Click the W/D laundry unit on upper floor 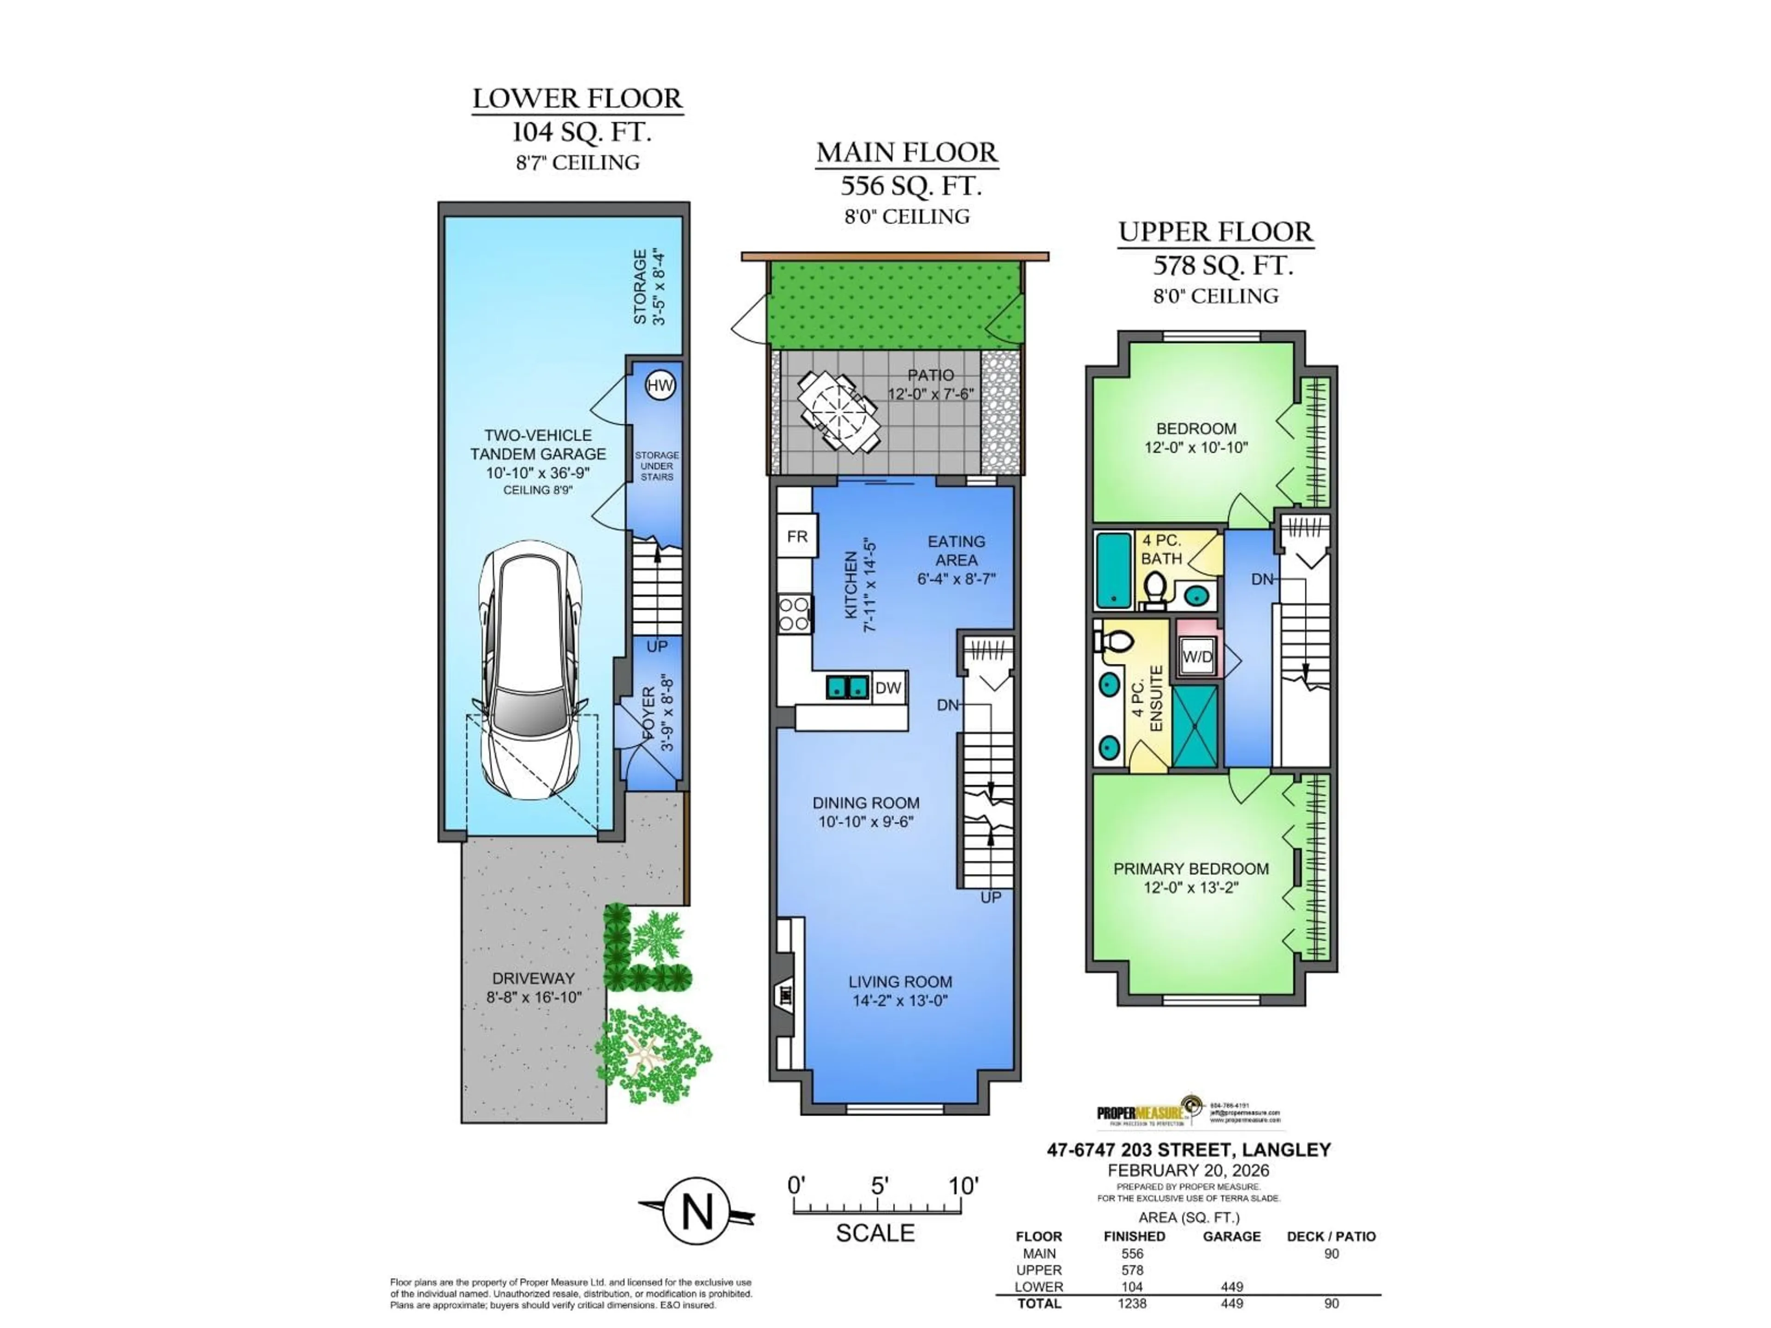click(x=1197, y=657)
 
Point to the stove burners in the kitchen click(x=794, y=615)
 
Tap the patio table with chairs click(x=838, y=411)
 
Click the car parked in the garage click(x=529, y=671)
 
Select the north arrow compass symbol click(x=696, y=1211)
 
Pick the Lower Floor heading click(x=577, y=99)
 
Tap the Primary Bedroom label click(x=1190, y=869)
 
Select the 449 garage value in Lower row click(x=1231, y=1287)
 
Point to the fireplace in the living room click(x=784, y=995)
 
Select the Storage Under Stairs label click(x=657, y=466)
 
